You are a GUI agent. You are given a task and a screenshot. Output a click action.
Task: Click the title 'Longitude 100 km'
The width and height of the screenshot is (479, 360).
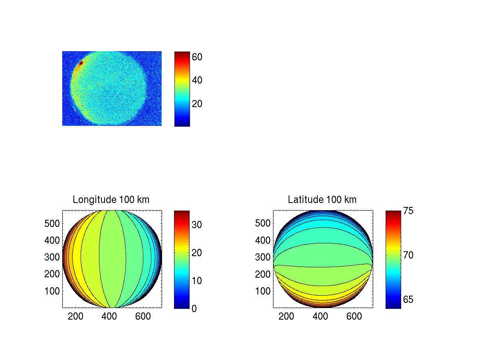(111, 199)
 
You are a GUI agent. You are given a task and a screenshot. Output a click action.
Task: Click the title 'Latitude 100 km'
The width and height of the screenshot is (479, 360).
(322, 199)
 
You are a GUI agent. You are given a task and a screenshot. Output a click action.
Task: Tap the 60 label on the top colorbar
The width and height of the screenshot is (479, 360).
(197, 57)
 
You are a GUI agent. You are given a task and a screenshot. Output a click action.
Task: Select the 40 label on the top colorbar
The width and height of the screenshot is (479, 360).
(197, 80)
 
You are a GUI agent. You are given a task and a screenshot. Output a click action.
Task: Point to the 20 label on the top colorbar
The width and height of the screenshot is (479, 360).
(197, 104)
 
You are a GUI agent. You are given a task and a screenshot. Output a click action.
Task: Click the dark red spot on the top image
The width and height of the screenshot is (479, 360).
(81, 63)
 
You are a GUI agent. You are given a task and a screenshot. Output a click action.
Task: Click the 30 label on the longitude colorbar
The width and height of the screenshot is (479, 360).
(197, 225)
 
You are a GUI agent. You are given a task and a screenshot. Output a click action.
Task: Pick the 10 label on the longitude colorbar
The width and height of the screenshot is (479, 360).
(197, 280)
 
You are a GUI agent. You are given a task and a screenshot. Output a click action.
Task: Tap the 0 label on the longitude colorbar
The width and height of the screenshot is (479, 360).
(194, 308)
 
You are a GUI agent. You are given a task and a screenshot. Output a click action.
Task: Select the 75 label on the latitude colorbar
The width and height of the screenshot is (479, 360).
(408, 211)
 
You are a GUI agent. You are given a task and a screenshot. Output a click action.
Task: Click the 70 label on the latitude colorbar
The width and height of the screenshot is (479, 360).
(408, 255)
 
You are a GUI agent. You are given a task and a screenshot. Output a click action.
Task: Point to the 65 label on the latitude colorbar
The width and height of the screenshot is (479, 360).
(408, 300)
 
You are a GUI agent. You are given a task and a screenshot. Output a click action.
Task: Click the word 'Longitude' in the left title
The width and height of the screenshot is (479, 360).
(91, 199)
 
